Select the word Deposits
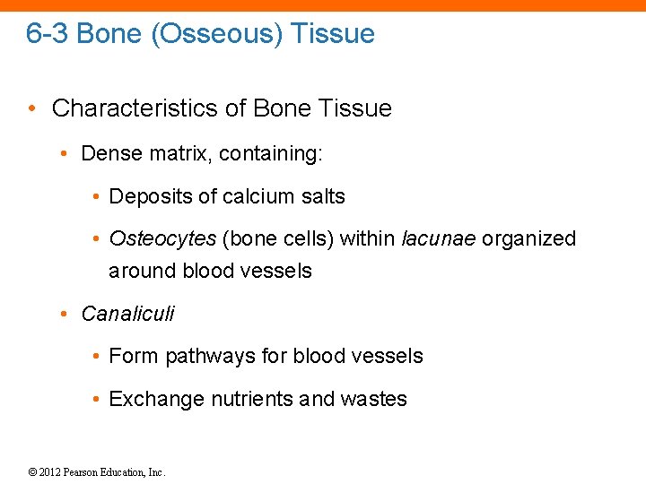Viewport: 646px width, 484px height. pos(147,196)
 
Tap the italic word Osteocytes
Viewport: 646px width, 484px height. pos(162,239)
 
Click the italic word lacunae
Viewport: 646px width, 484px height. pos(438,239)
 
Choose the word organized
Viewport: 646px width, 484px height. pos(529,239)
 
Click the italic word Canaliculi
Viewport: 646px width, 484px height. pos(127,314)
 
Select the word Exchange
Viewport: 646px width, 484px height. pos(156,400)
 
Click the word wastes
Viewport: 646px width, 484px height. pos(373,400)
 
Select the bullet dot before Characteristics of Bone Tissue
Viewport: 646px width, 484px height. pos(32,109)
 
